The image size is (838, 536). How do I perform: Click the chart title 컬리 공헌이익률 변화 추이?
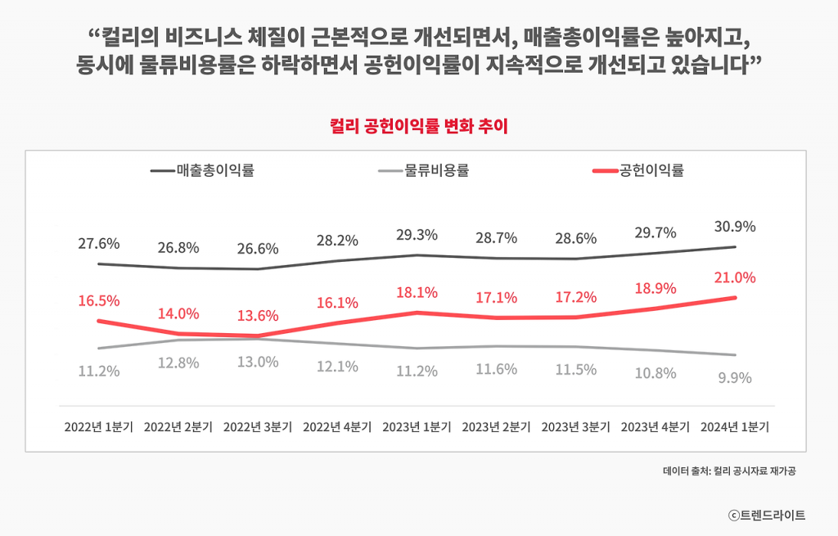click(419, 127)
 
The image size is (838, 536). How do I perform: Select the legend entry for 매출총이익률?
click(214, 171)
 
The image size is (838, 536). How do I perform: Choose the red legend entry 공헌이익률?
click(651, 171)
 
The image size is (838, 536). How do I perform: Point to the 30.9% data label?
click(734, 227)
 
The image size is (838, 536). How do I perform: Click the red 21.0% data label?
click(734, 278)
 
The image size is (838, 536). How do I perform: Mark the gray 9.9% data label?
click(734, 378)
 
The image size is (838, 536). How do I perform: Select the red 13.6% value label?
click(258, 316)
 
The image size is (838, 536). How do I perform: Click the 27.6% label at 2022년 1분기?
click(99, 244)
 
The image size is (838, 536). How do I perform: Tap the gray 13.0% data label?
click(258, 363)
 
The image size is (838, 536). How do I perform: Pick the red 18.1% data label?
click(417, 292)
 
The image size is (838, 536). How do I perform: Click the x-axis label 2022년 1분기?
click(99, 427)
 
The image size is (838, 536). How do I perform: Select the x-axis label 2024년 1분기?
click(734, 427)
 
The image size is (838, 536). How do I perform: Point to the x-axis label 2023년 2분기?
click(496, 427)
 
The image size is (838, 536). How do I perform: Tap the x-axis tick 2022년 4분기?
click(337, 427)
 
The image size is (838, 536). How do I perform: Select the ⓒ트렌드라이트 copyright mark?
click(767, 515)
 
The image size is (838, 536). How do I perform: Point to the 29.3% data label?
click(417, 235)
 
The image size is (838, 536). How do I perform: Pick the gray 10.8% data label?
click(655, 373)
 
